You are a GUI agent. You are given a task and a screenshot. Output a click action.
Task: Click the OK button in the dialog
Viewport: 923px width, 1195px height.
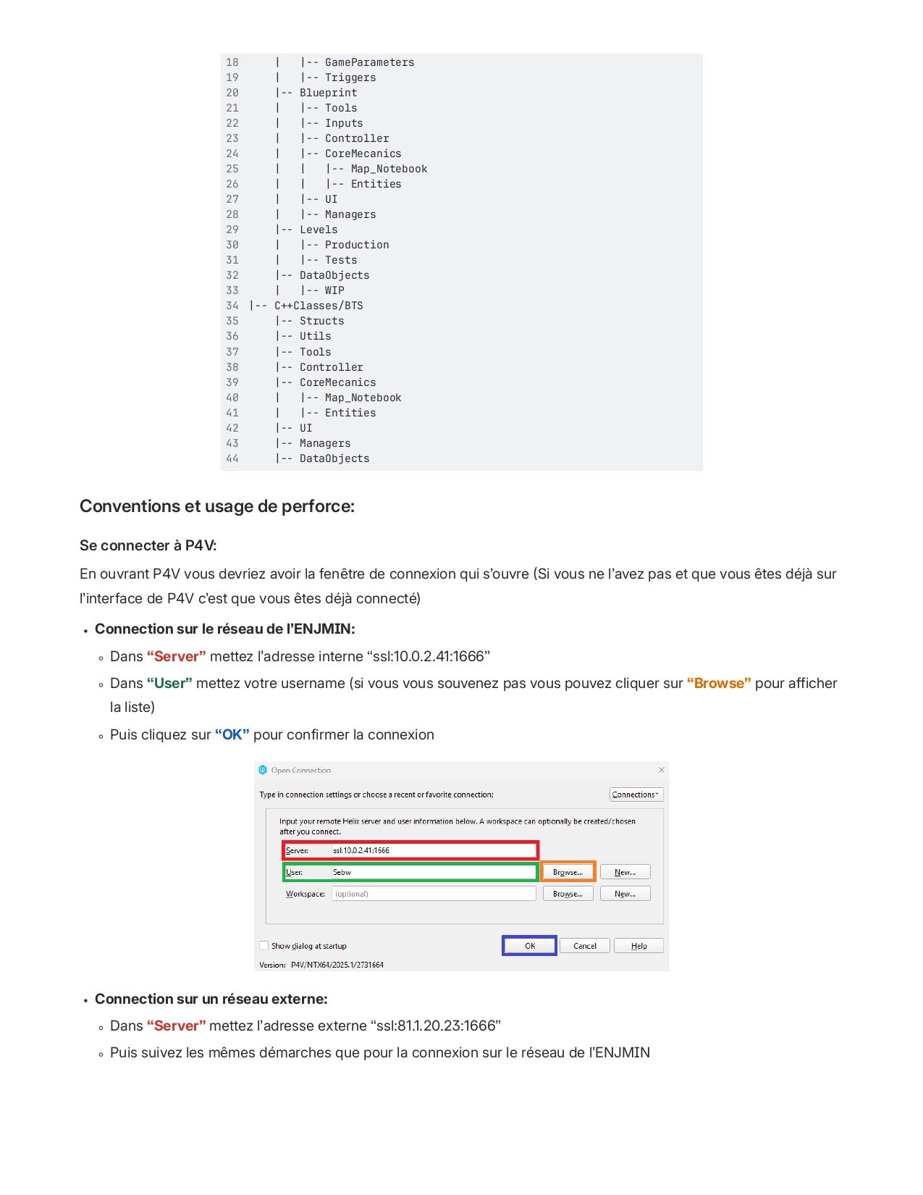click(x=529, y=946)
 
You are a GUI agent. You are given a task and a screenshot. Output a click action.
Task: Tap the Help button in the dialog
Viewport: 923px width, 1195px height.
click(x=638, y=946)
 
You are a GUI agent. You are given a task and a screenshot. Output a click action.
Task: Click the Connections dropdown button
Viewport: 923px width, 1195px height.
click(x=636, y=794)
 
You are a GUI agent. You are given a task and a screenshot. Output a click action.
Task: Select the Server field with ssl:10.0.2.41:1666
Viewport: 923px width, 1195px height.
click(x=433, y=850)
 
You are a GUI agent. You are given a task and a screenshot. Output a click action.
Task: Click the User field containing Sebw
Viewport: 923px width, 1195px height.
click(x=433, y=872)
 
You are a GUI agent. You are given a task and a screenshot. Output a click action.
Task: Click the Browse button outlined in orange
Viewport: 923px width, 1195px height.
click(x=568, y=872)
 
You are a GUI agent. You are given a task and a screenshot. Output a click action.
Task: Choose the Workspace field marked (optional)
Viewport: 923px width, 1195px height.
click(x=433, y=894)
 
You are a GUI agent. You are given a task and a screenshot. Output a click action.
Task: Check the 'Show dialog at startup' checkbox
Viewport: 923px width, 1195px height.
click(x=264, y=946)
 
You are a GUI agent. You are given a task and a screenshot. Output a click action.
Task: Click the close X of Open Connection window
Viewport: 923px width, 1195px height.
click(x=661, y=770)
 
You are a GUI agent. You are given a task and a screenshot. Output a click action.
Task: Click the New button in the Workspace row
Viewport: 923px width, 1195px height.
click(x=625, y=894)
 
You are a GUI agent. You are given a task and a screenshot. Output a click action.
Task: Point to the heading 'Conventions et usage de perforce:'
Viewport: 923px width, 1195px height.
click(x=217, y=506)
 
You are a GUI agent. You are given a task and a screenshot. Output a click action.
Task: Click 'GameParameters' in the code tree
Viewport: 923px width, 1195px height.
click(x=369, y=62)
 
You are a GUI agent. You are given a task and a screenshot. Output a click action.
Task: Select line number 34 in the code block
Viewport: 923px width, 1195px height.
click(x=232, y=306)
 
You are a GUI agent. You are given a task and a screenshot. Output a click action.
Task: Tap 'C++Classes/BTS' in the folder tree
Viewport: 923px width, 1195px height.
click(x=319, y=306)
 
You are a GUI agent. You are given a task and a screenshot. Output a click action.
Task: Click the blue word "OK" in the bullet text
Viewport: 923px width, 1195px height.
click(x=232, y=734)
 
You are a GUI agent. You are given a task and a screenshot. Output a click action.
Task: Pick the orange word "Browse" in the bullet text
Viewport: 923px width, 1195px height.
click(x=719, y=683)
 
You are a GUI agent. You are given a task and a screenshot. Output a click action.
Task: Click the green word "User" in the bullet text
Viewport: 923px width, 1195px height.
click(x=169, y=683)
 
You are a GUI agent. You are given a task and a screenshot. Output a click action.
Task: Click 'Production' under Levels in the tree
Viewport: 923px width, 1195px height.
click(x=357, y=245)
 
